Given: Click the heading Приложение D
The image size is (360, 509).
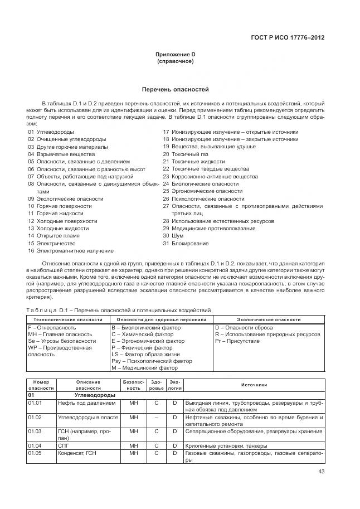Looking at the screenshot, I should [x=175, y=55].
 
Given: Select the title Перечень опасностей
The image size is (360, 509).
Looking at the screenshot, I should [x=175, y=89].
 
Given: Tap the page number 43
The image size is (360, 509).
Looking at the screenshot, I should [x=322, y=472].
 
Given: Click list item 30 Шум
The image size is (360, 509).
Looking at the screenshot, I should [x=174, y=235].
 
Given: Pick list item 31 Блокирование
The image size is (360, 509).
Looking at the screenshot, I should [x=186, y=243].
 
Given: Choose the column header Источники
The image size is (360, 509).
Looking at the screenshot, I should [x=254, y=385].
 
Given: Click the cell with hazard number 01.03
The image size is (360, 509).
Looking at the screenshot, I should [x=35, y=431].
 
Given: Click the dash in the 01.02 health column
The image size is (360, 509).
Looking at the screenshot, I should [x=157, y=416].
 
